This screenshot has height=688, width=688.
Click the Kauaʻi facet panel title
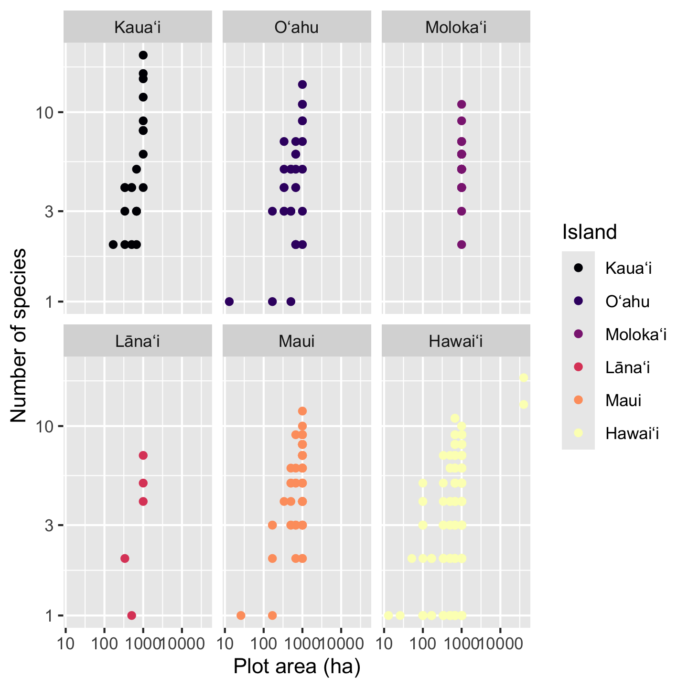pyautogui.click(x=138, y=28)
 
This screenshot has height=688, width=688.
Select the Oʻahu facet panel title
pyautogui.click(x=297, y=28)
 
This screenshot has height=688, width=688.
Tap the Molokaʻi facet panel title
pyautogui.click(x=456, y=28)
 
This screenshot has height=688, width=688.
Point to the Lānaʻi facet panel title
pyautogui.click(x=138, y=341)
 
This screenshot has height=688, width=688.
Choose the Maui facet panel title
pyautogui.click(x=297, y=341)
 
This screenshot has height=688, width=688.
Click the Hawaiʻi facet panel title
pyautogui.click(x=456, y=341)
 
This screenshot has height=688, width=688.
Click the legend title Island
pyautogui.click(x=590, y=232)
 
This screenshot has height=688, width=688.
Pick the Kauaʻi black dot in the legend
pyautogui.click(x=578, y=268)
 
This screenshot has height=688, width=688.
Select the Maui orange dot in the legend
pyautogui.click(x=578, y=400)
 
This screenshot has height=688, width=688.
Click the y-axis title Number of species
pyautogui.click(x=19, y=335)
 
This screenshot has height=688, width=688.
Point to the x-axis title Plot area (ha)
pyautogui.click(x=297, y=666)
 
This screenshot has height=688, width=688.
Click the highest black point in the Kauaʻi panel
pyautogui.click(x=143, y=55)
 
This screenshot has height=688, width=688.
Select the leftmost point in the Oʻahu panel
pyautogui.click(x=229, y=301)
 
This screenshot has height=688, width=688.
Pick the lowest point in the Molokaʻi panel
pyautogui.click(x=462, y=245)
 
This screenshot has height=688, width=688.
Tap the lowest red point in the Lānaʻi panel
pyautogui.click(x=132, y=615)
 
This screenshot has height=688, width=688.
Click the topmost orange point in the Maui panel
pyautogui.click(x=302, y=411)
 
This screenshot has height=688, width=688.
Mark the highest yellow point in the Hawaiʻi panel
pyautogui.click(x=524, y=378)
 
